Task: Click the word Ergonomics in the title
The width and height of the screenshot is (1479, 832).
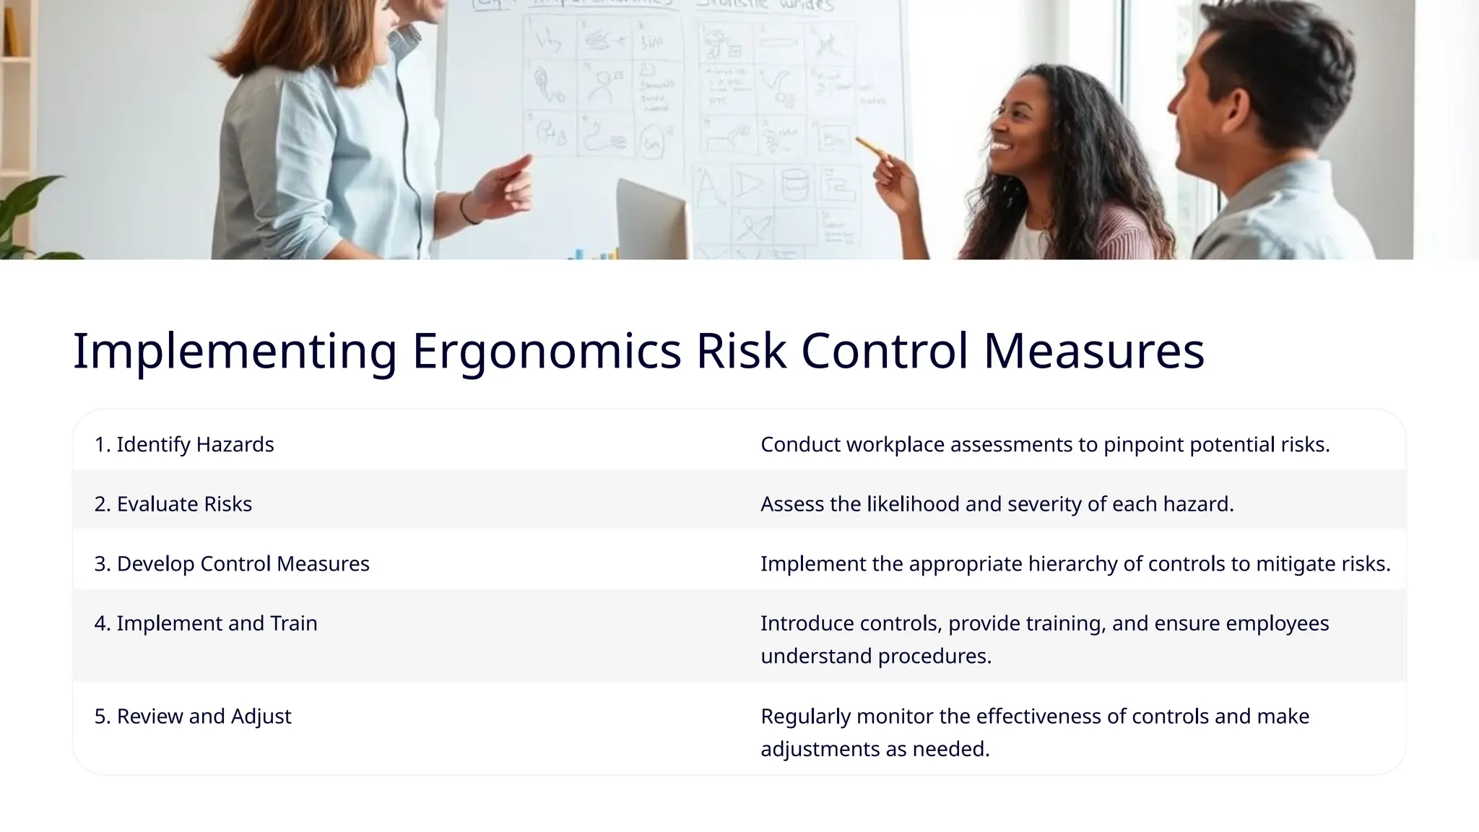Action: click(546, 352)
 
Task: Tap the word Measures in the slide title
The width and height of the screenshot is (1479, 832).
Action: click(1093, 352)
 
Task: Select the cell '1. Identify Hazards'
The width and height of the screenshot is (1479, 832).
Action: click(184, 444)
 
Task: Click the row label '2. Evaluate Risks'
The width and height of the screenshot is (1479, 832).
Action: click(173, 504)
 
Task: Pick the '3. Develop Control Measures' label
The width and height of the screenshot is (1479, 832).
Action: click(232, 564)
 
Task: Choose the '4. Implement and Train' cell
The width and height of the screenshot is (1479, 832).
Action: click(206, 623)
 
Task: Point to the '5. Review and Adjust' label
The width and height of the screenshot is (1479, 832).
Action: click(193, 716)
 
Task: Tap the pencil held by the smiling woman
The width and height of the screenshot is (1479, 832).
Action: click(872, 147)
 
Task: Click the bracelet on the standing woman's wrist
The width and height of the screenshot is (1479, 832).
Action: click(468, 210)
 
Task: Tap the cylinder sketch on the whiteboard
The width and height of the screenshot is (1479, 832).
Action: click(794, 184)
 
